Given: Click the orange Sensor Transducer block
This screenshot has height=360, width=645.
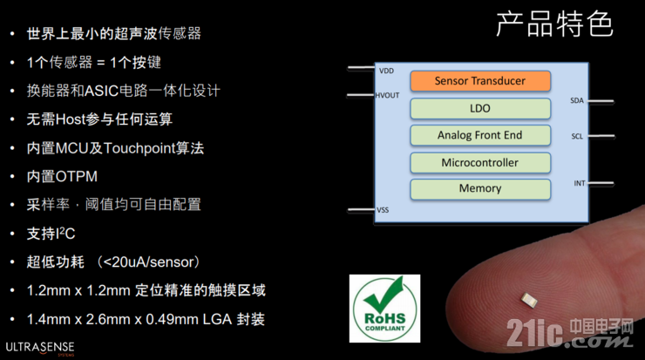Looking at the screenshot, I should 480,81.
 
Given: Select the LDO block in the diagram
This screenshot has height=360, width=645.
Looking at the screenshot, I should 480,108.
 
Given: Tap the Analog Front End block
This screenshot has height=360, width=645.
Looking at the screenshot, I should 480,135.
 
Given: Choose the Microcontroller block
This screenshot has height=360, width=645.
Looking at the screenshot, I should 480,162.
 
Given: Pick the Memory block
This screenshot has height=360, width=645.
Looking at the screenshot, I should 480,188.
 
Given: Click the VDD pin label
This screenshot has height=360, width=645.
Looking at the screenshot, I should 387,70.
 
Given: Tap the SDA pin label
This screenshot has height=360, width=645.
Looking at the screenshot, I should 577,100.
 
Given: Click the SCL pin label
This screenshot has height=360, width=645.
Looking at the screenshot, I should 577,136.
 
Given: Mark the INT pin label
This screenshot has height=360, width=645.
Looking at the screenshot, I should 579,183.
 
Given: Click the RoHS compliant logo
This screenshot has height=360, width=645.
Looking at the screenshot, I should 384,308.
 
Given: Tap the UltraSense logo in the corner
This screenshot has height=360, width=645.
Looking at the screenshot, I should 40,346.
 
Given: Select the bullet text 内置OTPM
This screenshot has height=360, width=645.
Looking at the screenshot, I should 62,176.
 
